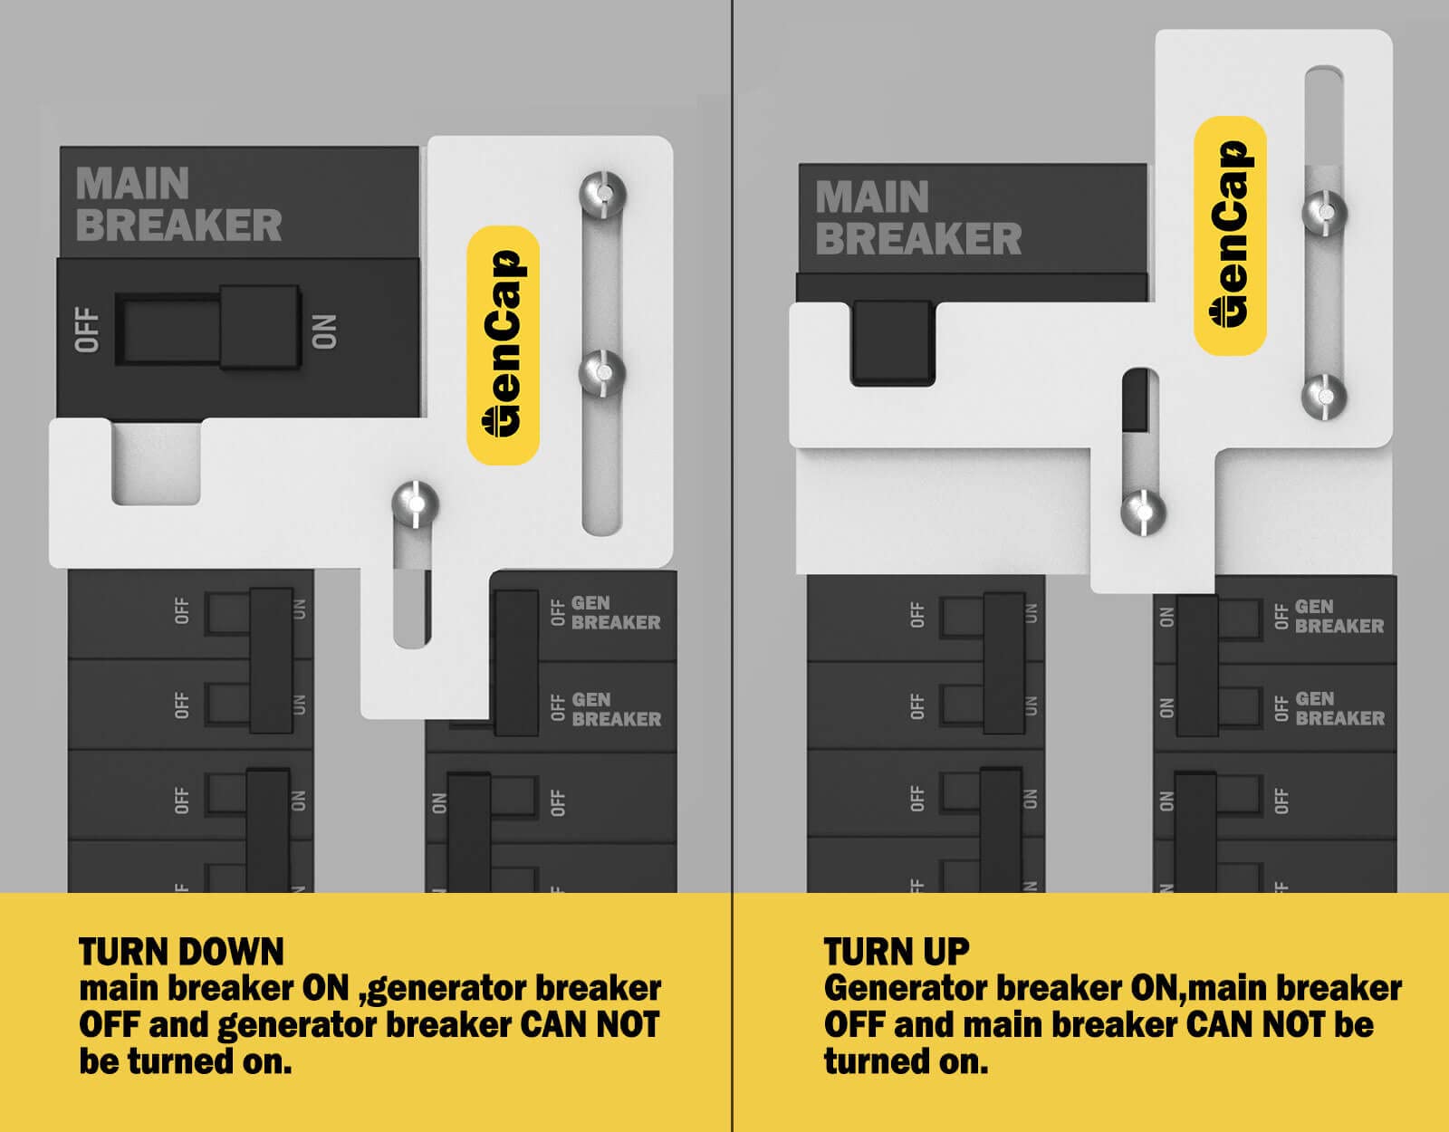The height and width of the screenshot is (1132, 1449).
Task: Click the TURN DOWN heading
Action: click(x=181, y=952)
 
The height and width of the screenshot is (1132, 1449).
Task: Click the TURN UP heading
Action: click(x=897, y=952)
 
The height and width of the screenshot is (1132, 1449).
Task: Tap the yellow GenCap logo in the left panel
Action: click(x=503, y=345)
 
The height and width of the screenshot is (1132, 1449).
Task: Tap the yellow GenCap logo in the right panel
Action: click(x=1230, y=235)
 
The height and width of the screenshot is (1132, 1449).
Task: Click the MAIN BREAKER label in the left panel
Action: click(x=178, y=205)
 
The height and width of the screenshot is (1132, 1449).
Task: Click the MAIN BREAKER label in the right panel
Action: click(x=916, y=218)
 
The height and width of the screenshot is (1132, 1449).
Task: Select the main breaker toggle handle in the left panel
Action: click(x=260, y=328)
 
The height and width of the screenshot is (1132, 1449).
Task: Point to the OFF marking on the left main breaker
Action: click(x=87, y=330)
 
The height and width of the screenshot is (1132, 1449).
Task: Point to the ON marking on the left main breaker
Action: click(x=323, y=331)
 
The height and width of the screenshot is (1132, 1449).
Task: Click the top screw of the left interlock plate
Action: click(x=602, y=194)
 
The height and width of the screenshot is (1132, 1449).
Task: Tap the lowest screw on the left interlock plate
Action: click(x=415, y=504)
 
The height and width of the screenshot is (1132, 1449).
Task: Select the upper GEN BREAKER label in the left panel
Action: click(x=615, y=613)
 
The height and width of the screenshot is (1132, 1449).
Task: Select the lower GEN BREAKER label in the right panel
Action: click(x=1339, y=709)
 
